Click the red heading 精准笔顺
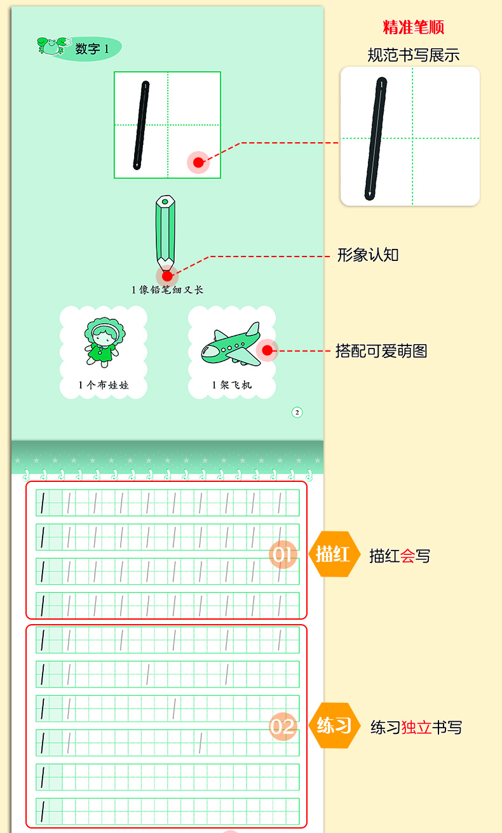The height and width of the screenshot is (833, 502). pos(413,27)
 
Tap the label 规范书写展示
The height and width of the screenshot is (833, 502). pos(413,55)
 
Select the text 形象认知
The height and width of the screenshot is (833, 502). pos(368,255)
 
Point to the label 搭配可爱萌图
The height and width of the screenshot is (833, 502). pos(381,350)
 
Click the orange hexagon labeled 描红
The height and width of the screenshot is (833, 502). pos(333,554)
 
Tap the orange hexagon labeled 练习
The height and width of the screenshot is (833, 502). pos(334,725)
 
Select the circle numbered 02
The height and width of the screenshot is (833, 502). pos(283,726)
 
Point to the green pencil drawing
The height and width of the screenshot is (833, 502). pos(165,232)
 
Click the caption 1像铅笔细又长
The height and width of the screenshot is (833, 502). pos(167,290)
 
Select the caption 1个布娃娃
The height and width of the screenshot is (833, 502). pos(104,385)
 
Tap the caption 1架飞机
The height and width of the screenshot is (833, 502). pos(232,385)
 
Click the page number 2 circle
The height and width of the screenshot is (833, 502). pos(297,413)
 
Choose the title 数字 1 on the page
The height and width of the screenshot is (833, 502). pos(92,49)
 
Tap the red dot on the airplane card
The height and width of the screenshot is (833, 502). pos(267,350)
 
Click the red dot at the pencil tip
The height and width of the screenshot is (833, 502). pos(167,276)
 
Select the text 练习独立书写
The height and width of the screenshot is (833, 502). pos(416,727)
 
